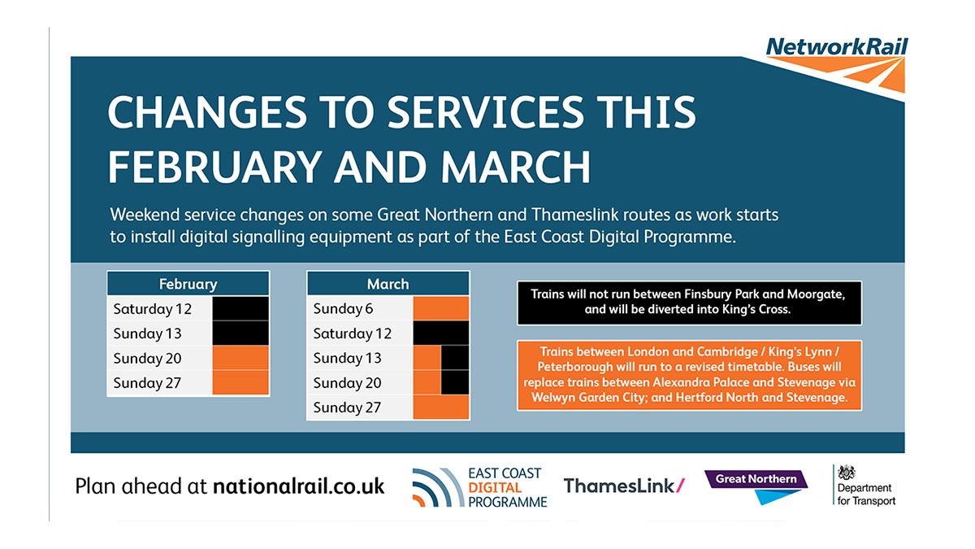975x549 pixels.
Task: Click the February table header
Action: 188,284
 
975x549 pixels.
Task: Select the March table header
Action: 388,284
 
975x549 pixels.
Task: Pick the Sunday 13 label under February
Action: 147,333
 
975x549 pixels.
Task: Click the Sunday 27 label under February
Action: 147,382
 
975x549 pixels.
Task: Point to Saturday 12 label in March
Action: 352,333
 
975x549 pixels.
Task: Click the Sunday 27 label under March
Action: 347,407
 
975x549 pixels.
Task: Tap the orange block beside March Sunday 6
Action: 441,309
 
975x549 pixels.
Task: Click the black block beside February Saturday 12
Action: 240,309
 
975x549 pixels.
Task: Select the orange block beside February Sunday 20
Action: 240,358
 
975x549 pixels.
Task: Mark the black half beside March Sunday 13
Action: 455,358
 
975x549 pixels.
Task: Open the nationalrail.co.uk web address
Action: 298,486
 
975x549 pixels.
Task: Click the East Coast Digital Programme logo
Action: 479,487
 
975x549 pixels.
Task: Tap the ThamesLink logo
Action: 624,486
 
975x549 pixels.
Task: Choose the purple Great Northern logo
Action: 756,485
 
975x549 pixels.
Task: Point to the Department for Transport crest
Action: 847,474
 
